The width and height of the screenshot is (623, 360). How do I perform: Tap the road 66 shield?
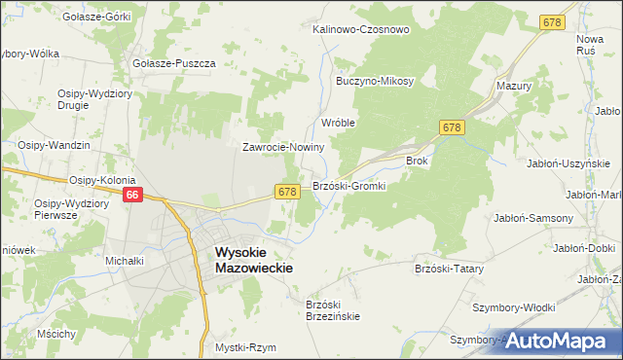[x=134, y=196]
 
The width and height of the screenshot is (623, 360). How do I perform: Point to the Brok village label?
[x=417, y=162]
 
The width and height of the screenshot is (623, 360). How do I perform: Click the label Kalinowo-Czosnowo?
[x=360, y=29]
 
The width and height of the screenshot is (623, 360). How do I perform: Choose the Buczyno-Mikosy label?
[x=376, y=81]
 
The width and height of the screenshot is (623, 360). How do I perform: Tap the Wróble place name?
[x=338, y=124]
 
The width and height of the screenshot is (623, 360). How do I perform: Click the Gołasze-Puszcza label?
[x=174, y=63]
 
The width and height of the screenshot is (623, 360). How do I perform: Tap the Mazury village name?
[x=513, y=86]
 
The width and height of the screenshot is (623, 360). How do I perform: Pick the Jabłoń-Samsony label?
[x=533, y=218]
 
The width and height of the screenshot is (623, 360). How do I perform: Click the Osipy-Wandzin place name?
[x=55, y=145]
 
